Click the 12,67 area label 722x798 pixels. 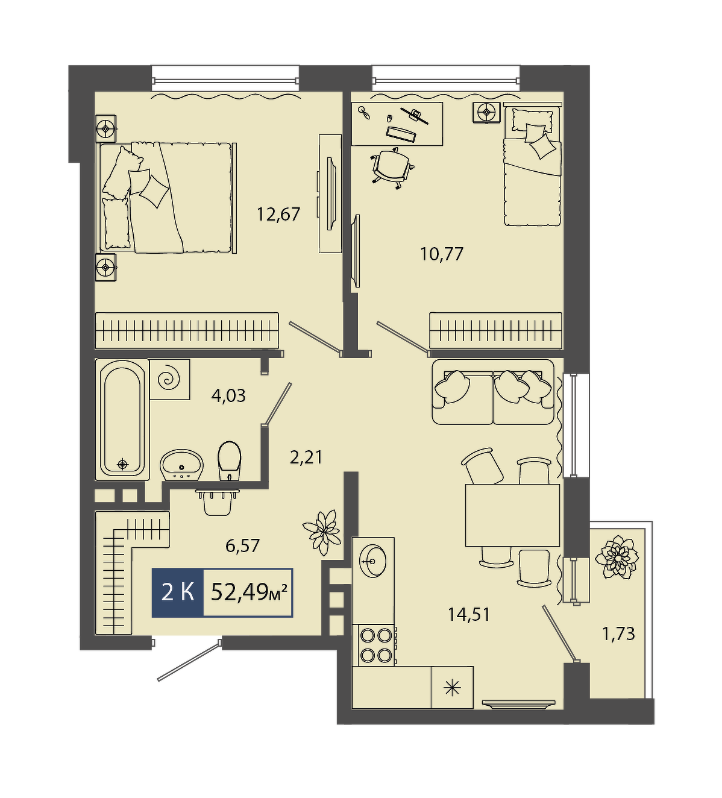click(278, 215)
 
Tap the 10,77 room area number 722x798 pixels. click(442, 254)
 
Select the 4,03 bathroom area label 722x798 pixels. click(228, 396)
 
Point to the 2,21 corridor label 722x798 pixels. click(306, 457)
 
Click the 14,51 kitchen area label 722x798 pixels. click(469, 615)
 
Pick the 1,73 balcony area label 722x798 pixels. click(619, 645)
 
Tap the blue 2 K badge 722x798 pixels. click(178, 592)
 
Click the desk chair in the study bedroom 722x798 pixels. click(393, 168)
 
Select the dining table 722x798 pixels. click(512, 515)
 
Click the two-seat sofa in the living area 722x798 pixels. click(493, 392)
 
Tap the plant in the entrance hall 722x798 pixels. click(322, 533)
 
